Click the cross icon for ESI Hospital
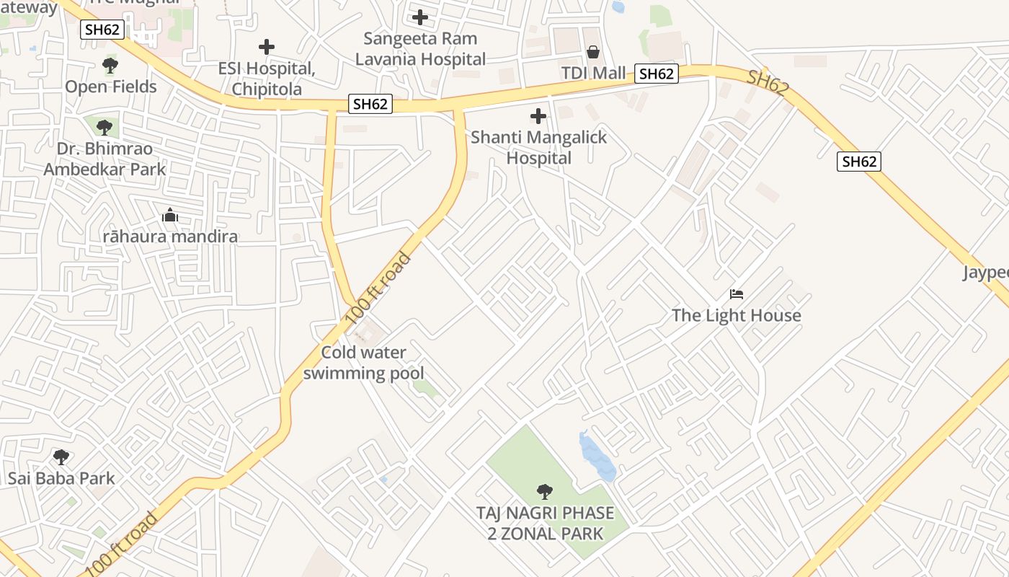[x=267, y=48]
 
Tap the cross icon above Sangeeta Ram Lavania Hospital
[x=420, y=17]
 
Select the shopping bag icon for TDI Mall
[x=593, y=52]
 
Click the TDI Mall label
[x=593, y=74]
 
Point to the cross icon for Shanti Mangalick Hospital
[x=538, y=116]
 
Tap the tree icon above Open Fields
[x=110, y=66]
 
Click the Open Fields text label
[x=111, y=87]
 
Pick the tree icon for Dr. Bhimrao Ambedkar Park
[x=105, y=128]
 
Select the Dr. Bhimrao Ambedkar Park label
[x=105, y=159]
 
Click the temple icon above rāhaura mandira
[x=170, y=216]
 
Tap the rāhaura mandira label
[x=170, y=237]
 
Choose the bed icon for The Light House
[x=737, y=294]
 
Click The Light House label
[x=737, y=315]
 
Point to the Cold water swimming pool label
[x=364, y=363]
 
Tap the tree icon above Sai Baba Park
[x=61, y=457]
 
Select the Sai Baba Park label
[x=61, y=478]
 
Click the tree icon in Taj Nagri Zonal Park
[x=545, y=492]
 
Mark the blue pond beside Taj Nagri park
[x=597, y=457]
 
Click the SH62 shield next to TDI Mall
[x=657, y=74]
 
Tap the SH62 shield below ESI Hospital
[x=370, y=104]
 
